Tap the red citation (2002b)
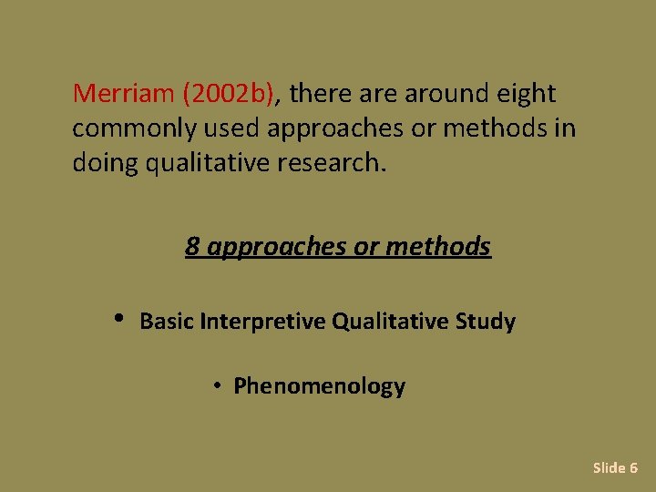(x=234, y=94)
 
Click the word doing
(x=103, y=164)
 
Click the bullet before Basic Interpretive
(x=119, y=319)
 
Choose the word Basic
(x=167, y=322)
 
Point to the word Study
(x=490, y=322)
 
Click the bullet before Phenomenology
(x=219, y=386)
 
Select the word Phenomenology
(x=319, y=386)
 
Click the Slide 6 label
(x=615, y=467)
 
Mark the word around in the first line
(x=441, y=94)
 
